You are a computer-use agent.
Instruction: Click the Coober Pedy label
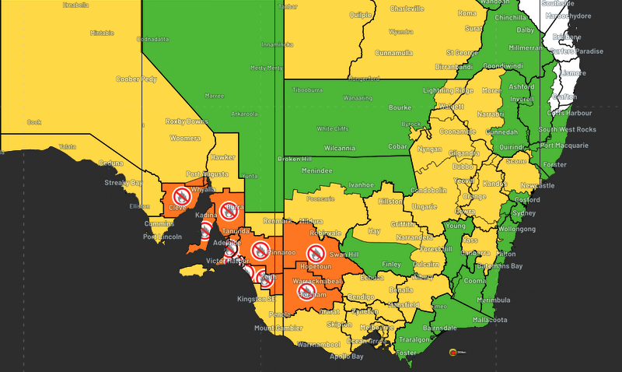136,79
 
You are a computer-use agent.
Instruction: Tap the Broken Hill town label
294,159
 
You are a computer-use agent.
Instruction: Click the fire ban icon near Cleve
181,195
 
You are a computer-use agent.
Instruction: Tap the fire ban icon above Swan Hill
315,251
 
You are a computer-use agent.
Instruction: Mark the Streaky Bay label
124,183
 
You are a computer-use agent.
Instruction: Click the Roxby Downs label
187,121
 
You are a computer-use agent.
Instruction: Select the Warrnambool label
318,343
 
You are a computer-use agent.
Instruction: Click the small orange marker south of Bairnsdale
452,353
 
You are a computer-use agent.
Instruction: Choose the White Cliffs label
334,128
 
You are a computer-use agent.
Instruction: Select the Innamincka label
277,44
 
